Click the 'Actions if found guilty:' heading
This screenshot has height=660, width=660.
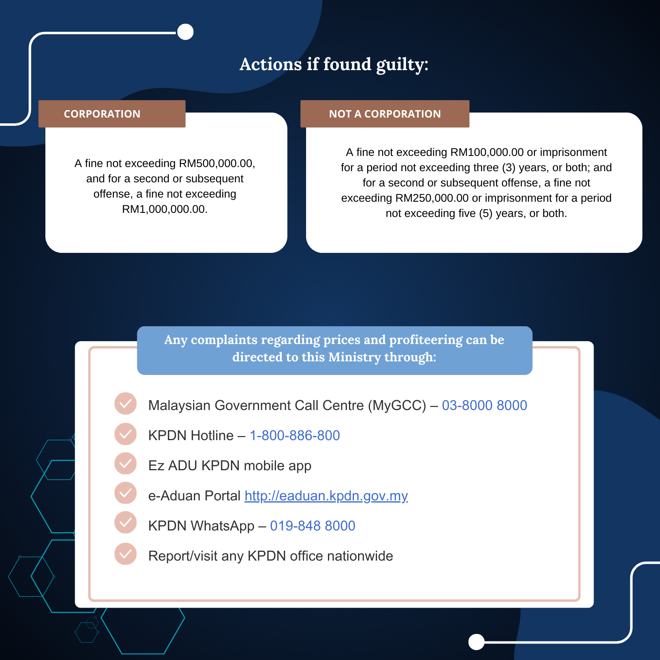click(x=334, y=64)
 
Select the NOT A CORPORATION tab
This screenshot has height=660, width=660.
click(x=384, y=114)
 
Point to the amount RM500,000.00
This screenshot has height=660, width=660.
click(x=217, y=164)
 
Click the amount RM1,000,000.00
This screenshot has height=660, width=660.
click(x=164, y=210)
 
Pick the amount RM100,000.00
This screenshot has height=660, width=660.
click(x=487, y=153)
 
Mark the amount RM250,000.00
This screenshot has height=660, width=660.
click(x=432, y=198)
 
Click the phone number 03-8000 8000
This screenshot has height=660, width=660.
click(x=484, y=405)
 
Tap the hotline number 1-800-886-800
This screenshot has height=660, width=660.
click(x=295, y=436)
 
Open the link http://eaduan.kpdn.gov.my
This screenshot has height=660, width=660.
click(x=326, y=496)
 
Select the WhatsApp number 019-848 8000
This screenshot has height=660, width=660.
click(x=312, y=526)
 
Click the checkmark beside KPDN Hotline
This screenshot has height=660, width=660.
click(x=125, y=434)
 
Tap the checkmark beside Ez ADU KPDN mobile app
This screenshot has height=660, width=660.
click(x=125, y=464)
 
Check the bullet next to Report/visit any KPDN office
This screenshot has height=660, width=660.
click(x=125, y=554)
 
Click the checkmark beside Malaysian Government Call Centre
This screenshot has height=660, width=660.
click(x=125, y=403)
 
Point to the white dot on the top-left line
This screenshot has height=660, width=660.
click(x=185, y=32)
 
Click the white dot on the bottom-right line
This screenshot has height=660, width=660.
click(x=476, y=642)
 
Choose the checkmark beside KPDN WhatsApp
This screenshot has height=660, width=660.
click(x=125, y=522)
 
